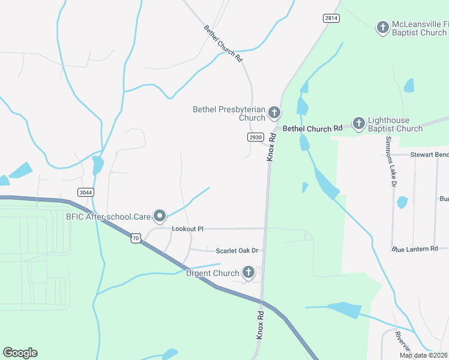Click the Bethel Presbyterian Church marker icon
point(274,112)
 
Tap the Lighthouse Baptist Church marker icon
point(358,124)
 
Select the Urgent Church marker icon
point(249,274)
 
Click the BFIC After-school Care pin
point(159,215)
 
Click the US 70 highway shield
point(136,238)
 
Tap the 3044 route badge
point(85,191)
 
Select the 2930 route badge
point(255,137)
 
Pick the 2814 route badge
point(331,18)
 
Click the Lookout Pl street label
point(188,229)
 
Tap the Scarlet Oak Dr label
point(236,250)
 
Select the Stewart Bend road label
point(429,155)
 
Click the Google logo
point(20,353)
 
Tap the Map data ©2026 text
point(424,355)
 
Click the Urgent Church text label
point(212,274)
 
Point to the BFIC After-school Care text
point(107,216)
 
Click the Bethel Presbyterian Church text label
point(229,113)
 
